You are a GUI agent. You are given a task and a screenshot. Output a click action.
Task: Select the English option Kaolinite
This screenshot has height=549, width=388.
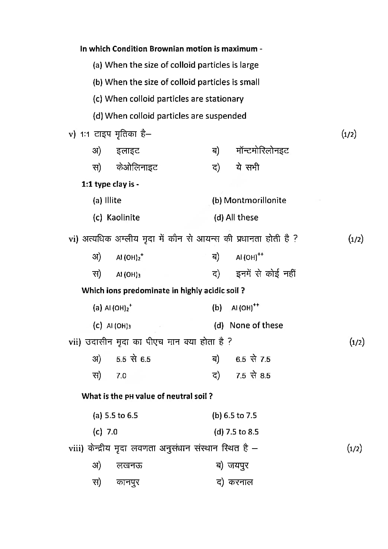click(123, 218)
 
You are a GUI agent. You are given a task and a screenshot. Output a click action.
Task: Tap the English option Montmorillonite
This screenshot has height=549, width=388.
click(255, 200)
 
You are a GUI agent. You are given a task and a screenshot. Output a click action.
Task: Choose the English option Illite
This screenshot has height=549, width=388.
click(113, 200)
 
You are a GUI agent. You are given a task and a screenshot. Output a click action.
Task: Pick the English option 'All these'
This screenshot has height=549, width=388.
click(242, 218)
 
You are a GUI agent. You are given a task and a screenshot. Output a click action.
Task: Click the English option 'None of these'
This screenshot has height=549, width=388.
click(256, 325)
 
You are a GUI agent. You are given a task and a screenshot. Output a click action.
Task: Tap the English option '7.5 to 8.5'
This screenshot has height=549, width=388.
click(242, 432)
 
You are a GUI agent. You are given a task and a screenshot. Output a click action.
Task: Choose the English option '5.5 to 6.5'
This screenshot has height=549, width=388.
click(121, 415)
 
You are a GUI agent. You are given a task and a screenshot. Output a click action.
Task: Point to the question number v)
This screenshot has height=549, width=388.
click(72, 134)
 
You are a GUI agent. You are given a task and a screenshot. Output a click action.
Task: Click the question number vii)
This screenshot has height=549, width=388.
click(74, 342)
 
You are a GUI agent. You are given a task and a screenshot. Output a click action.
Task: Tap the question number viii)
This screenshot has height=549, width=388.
click(76, 449)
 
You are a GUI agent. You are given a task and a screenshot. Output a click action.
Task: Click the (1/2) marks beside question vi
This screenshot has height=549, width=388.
click(356, 239)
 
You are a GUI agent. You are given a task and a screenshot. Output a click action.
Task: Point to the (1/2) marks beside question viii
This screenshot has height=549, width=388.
click(354, 449)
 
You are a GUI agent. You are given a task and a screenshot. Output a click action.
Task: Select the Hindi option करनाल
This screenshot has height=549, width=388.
click(240, 482)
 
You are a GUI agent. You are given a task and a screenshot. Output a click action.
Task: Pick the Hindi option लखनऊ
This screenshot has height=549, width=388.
click(129, 466)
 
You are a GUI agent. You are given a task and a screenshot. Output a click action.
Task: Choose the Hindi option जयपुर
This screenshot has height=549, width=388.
click(238, 466)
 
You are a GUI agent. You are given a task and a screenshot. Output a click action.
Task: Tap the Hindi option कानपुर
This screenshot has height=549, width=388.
click(128, 482)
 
